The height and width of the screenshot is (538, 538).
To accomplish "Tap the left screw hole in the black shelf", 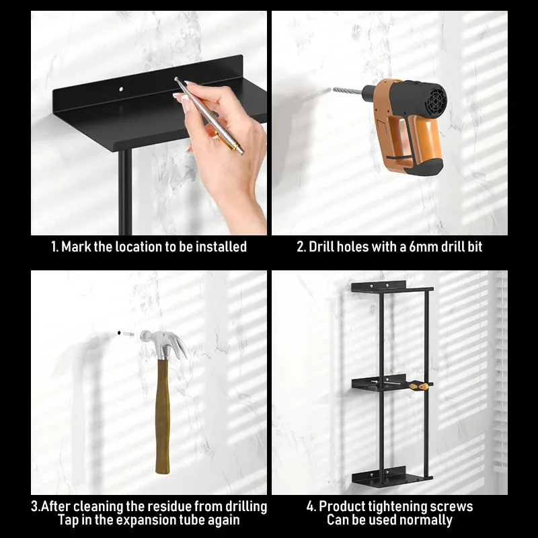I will (x=122, y=89).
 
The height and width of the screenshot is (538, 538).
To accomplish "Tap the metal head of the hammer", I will (x=165, y=344).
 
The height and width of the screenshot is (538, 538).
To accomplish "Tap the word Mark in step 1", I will (x=76, y=247).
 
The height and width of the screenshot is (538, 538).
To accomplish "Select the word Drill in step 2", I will (x=321, y=247).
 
